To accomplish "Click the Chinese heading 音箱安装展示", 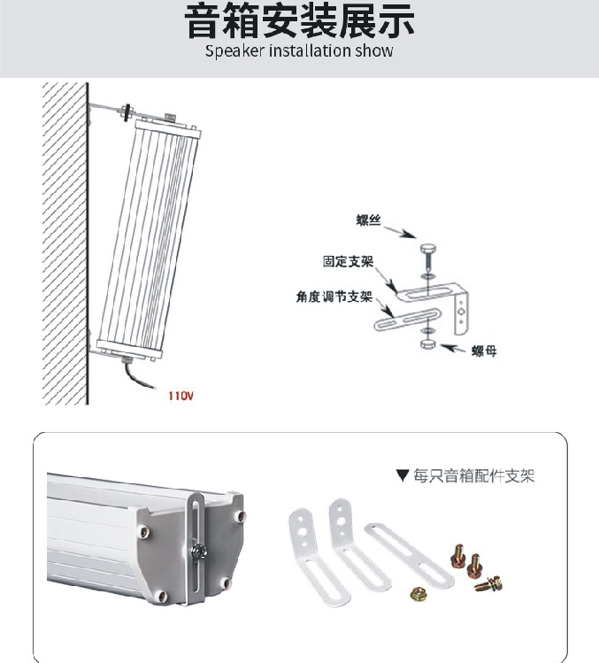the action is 299,20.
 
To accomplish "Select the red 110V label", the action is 180,396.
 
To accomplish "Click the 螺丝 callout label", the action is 368,220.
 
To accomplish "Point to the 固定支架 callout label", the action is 349,261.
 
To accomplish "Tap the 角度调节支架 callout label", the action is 334,297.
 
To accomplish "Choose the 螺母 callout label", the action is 484,351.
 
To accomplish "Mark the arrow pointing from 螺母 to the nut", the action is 454,349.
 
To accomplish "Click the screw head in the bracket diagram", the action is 428,249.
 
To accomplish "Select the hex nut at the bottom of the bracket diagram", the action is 428,343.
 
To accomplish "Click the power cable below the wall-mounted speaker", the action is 136,375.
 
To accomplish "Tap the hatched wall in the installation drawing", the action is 65,243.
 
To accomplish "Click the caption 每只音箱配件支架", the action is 474,475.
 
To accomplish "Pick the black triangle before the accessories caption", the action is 403,475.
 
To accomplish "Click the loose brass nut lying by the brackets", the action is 419,594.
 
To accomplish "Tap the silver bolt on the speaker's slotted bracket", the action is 198,551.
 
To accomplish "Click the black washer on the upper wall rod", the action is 126,112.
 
